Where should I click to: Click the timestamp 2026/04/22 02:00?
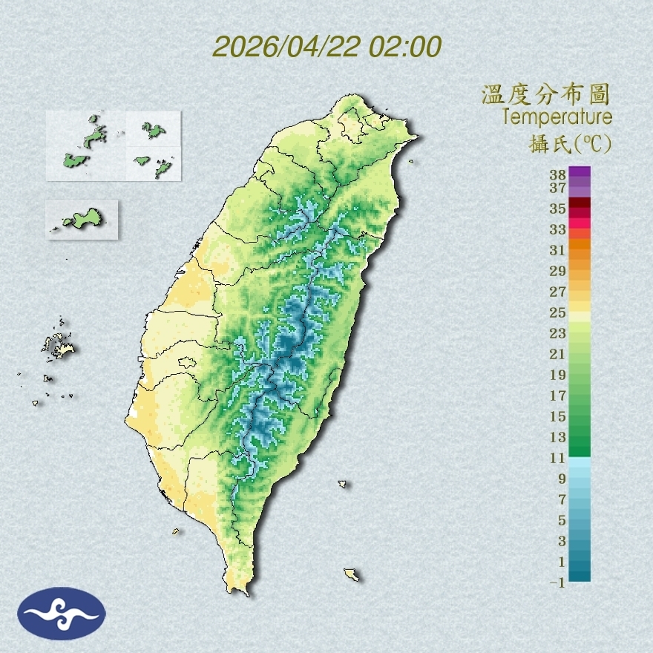click(326, 47)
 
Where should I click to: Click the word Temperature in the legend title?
click(557, 117)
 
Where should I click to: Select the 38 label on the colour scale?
click(558, 175)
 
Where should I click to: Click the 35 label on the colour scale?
click(558, 209)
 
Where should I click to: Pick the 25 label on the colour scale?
click(558, 312)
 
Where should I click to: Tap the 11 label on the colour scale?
click(558, 458)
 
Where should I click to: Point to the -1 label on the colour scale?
click(557, 583)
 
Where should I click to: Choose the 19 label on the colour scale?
click(558, 375)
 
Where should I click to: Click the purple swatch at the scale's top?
click(580, 171)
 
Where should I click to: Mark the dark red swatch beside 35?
click(580, 203)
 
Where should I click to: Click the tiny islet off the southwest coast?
click(176, 531)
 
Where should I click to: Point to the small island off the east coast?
click(343, 485)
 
